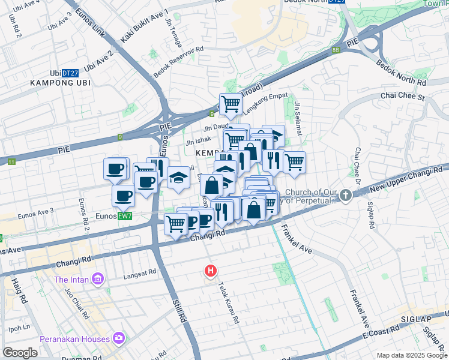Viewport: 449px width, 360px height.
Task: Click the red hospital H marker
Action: coord(210,271)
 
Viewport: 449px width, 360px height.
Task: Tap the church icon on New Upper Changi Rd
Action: coord(346,195)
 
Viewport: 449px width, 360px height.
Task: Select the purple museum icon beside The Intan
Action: coord(97,280)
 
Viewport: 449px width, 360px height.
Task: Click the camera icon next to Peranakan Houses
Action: coord(119,338)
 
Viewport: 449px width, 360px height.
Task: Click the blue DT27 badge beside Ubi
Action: coord(70,73)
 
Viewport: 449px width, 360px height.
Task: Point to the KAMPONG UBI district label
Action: coord(60,83)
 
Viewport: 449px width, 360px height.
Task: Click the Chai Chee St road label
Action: coord(402,96)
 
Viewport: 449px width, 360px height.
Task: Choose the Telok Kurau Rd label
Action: coord(229,303)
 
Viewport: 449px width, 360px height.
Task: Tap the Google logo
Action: coord(20,353)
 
